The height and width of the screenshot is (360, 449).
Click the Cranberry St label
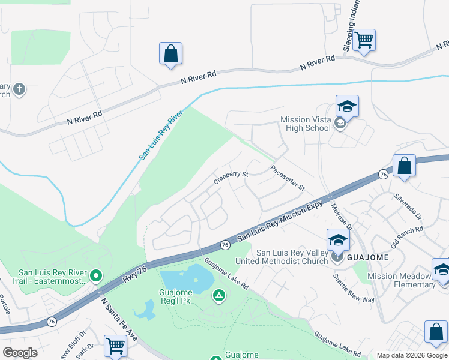coord(232,177)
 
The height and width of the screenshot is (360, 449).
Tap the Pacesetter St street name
coord(288,178)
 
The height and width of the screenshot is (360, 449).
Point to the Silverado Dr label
coord(408,206)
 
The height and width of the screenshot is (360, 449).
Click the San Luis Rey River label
coord(161,134)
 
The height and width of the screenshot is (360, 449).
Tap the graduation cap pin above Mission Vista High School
coord(347,106)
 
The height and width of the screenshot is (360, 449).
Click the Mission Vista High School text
coord(305,124)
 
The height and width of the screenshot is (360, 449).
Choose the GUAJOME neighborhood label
coord(367,257)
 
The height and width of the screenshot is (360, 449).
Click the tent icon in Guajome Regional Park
coord(219,295)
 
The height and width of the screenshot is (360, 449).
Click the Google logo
coord(20,353)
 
